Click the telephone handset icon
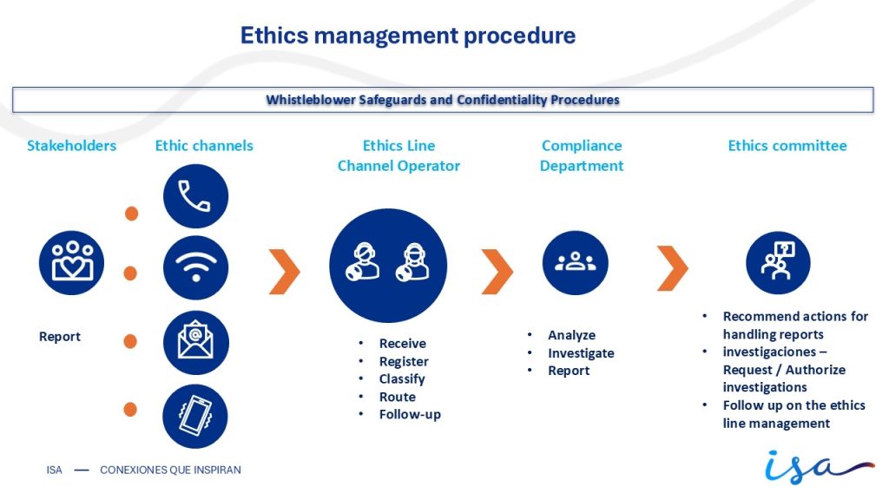click(x=195, y=196)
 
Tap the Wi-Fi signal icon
click(x=195, y=267)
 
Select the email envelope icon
click(x=195, y=342)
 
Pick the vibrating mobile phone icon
click(x=195, y=416)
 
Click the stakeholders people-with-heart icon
click(x=71, y=262)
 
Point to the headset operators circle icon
click(x=388, y=266)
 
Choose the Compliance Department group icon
click(x=575, y=262)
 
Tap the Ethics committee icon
click(x=778, y=262)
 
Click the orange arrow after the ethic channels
click(x=285, y=272)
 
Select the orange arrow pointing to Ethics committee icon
click(x=673, y=268)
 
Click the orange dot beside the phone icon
click(x=132, y=214)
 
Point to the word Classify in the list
click(x=402, y=378)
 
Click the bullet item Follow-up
click(x=410, y=414)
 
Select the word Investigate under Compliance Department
click(x=581, y=353)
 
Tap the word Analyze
click(x=571, y=335)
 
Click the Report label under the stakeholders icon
click(x=60, y=336)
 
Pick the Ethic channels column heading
click(x=204, y=146)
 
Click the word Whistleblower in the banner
click(x=311, y=100)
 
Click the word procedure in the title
click(x=519, y=36)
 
